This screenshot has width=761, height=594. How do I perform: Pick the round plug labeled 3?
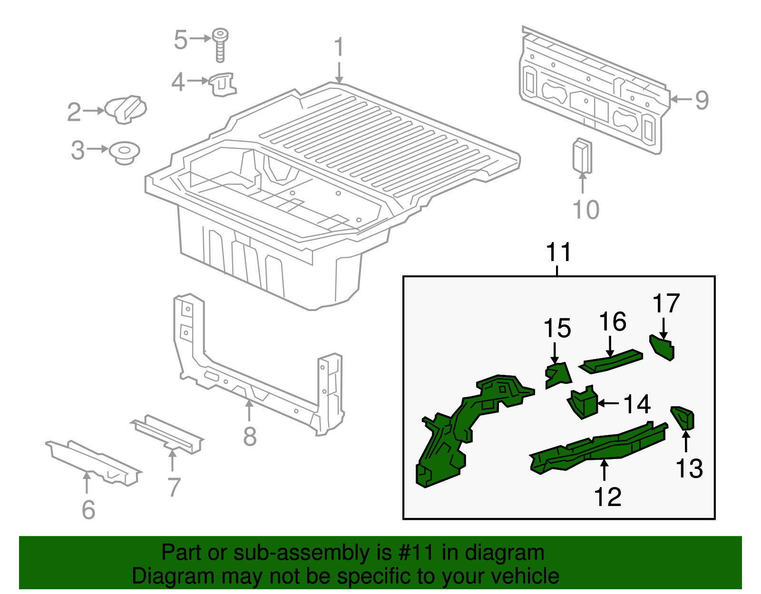click(x=125, y=152)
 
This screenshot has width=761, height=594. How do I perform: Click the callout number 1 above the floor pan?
click(x=339, y=48)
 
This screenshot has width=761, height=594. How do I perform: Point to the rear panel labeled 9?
click(x=592, y=90)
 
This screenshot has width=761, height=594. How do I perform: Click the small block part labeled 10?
click(x=582, y=156)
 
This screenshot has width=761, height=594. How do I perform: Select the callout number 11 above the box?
click(x=558, y=252)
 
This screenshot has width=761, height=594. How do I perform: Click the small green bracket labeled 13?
click(x=684, y=418)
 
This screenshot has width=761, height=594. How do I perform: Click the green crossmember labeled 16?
click(x=611, y=361)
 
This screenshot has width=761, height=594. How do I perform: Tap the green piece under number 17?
click(x=663, y=347)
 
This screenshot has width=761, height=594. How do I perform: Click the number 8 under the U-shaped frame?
click(x=250, y=436)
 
